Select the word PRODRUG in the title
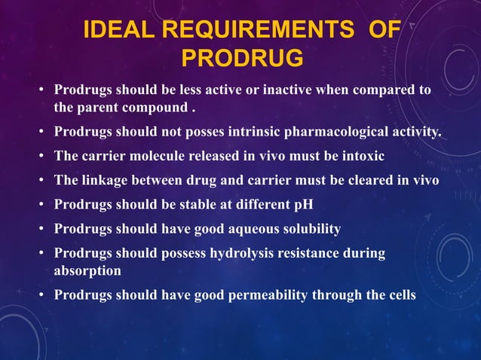point(243,58)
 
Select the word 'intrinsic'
point(250,133)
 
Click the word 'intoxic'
point(359,157)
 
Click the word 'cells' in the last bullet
point(399,294)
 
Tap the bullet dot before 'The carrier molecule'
point(42,157)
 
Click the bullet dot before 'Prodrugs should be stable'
point(42,205)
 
